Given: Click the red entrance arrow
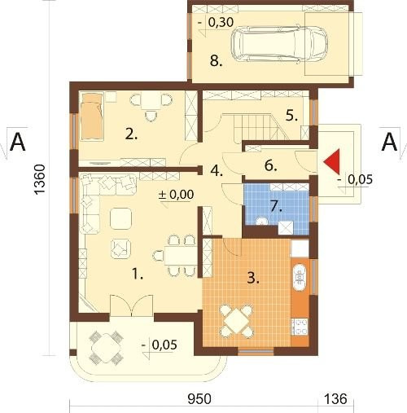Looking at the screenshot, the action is [x=334, y=162].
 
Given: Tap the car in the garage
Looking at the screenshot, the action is [x=279, y=44].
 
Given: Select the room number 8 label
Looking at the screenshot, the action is [x=216, y=60].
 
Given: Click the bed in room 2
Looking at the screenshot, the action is [x=92, y=116].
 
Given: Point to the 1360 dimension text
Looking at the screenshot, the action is [x=40, y=179].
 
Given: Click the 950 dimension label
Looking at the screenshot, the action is [x=199, y=399].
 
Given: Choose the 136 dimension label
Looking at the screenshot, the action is [x=336, y=399].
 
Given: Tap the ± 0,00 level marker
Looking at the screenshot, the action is [x=177, y=195].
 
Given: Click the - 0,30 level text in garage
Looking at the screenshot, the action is [x=216, y=22].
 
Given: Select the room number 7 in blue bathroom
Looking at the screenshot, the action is [x=276, y=207].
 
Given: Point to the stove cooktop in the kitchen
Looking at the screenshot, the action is [x=300, y=327].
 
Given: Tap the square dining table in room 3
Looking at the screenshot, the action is [x=236, y=321].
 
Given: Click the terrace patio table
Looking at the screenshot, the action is [x=107, y=348].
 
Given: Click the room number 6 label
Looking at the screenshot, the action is [x=270, y=165].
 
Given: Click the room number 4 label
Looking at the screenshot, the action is [x=217, y=171].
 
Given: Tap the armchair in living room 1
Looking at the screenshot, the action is [x=120, y=248].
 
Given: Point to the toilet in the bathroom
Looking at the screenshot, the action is [x=262, y=221].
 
